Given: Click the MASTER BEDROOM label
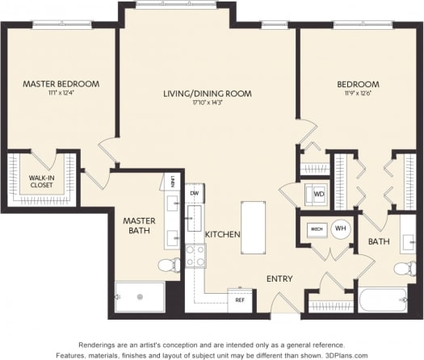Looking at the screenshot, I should coord(61,84).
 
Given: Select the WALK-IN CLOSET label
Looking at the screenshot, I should coord(41,182).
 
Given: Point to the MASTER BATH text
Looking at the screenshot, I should coord(138,225).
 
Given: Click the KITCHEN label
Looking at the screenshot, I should coord(222,234).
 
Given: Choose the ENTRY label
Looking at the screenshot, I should coord(279,279).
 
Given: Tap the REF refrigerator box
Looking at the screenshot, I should coord(239,299).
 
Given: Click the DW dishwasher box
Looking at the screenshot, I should coord(194,194).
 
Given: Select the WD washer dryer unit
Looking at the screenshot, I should coord(319,195).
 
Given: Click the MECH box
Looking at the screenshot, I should coord(317,229).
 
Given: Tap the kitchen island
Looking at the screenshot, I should coord(253,227).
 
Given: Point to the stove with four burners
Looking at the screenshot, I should coord(195,256).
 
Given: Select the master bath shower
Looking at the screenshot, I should coord(139,296).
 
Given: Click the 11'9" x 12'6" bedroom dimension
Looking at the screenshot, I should coord(359,94).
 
